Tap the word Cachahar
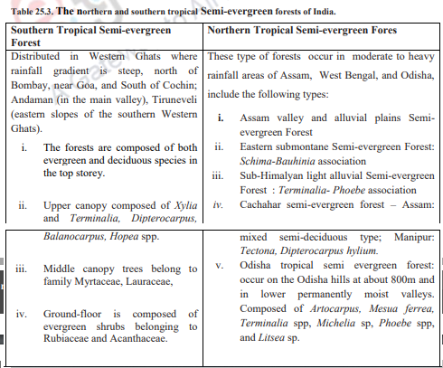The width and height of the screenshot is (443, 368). click(x=267, y=205)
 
